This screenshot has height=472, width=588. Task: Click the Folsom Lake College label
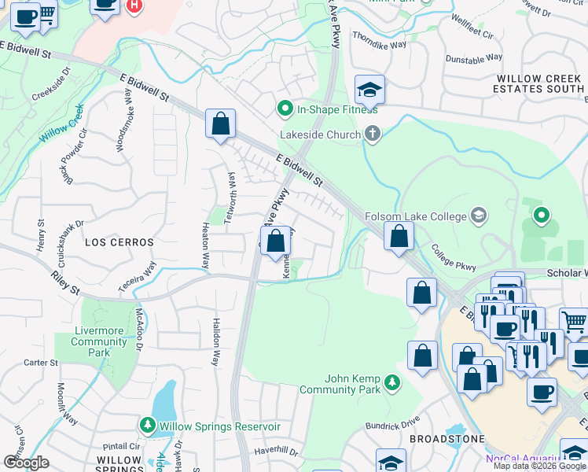click(x=414, y=216)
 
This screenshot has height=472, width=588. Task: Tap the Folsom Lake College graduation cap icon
click(x=478, y=216)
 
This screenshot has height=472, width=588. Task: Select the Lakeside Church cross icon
click(x=373, y=135)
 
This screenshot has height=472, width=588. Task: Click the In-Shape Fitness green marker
click(x=284, y=109)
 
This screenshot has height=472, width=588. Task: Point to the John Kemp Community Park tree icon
click(x=391, y=383)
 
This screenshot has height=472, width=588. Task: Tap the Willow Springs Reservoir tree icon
click(x=147, y=426)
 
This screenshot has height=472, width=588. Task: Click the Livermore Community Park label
click(x=99, y=342)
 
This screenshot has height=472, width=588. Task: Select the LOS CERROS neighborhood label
click(x=118, y=243)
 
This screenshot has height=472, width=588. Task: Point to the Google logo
click(x=26, y=462)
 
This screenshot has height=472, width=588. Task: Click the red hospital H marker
click(x=134, y=6)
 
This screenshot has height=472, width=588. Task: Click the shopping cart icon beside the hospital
click(x=47, y=13)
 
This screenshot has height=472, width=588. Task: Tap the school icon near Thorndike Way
click(x=369, y=90)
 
